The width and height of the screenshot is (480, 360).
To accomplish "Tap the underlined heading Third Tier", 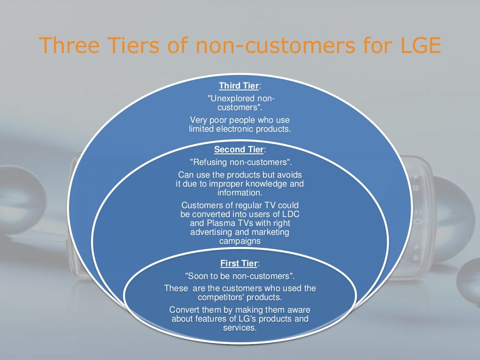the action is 238,86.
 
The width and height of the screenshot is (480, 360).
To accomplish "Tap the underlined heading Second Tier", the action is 238,150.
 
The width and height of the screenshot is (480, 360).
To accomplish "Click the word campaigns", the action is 240,241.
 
